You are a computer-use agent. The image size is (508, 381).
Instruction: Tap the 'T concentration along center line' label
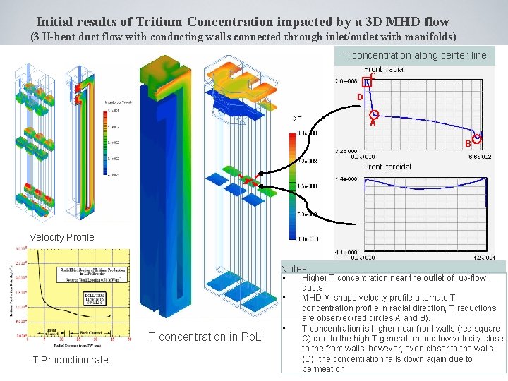(x=415, y=55)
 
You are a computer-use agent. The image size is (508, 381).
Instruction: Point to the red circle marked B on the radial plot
(x=478, y=138)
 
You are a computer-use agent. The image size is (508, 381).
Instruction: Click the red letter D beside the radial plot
(x=360, y=97)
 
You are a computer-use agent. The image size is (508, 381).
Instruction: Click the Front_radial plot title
(x=384, y=69)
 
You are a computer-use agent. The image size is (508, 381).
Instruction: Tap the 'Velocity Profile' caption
(x=61, y=237)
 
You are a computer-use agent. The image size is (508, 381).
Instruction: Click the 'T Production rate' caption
(x=71, y=360)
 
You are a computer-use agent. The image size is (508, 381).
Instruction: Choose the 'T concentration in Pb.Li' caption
(x=206, y=337)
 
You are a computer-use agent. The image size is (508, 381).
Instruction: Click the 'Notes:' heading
(x=295, y=269)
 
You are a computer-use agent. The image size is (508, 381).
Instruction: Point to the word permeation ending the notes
(x=323, y=368)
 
